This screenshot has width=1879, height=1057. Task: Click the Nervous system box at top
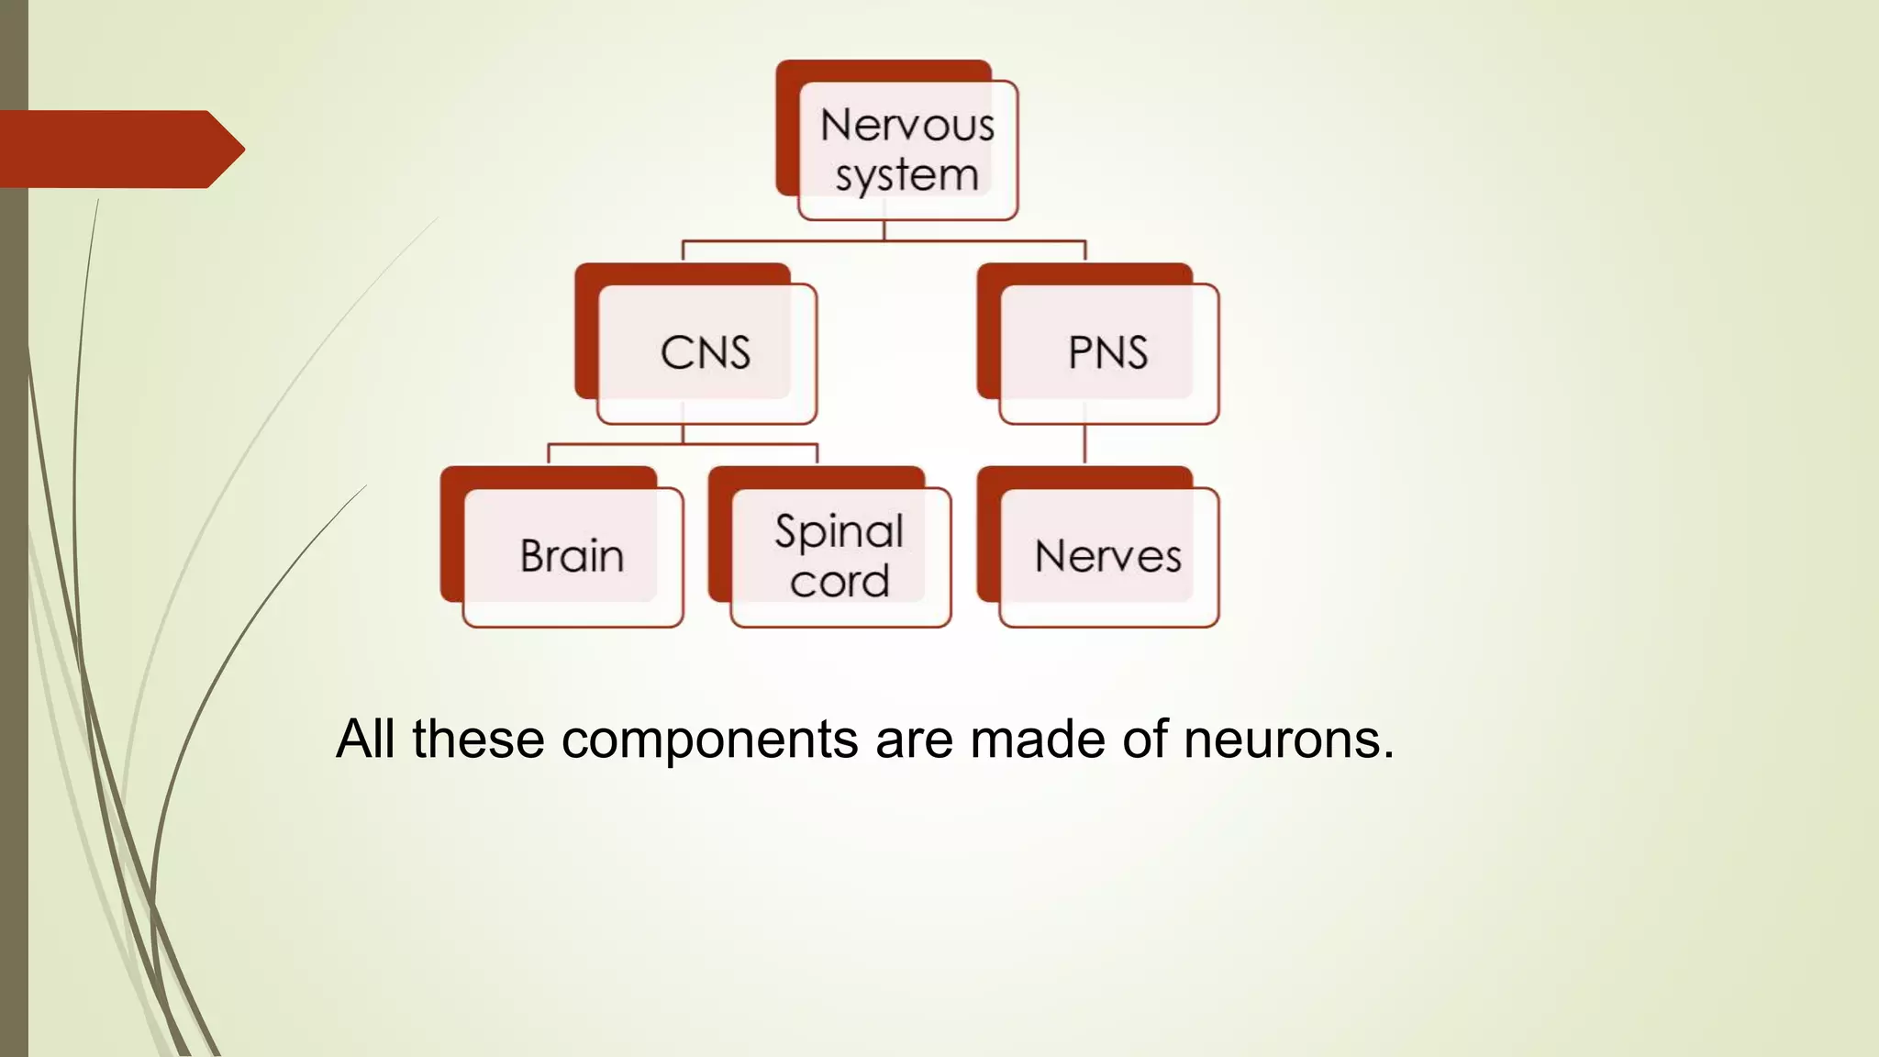point(906,150)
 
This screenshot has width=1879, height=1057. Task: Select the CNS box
point(706,353)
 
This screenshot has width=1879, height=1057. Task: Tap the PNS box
point(1107,353)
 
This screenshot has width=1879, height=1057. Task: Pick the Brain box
point(573,556)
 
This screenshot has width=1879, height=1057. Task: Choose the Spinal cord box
point(839,556)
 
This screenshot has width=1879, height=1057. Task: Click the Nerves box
point(1107,556)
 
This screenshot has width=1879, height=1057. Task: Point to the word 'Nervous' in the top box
point(906,126)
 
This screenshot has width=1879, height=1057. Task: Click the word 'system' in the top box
point(906,175)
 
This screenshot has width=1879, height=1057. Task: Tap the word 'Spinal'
point(839,531)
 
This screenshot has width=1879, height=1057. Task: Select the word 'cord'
point(839,582)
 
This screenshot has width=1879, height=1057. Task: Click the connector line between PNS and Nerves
point(1084,445)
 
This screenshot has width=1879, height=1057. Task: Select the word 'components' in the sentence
point(709,739)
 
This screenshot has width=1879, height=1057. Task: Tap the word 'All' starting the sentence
point(365,739)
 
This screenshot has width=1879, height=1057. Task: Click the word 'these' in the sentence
point(478,739)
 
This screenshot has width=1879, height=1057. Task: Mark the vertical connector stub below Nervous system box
point(884,230)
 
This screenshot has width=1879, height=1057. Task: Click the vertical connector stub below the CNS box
point(683,434)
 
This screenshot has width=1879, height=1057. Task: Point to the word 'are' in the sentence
point(914,739)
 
